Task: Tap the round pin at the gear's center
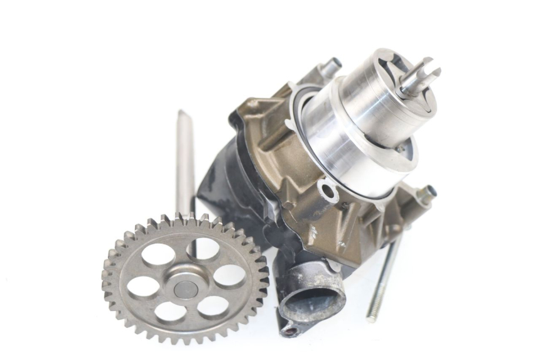point(185,289)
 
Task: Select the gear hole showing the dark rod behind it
point(202,249)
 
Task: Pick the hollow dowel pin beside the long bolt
point(424,195)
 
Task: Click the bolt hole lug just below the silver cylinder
point(328,190)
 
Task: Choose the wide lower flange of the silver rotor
point(352,157)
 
